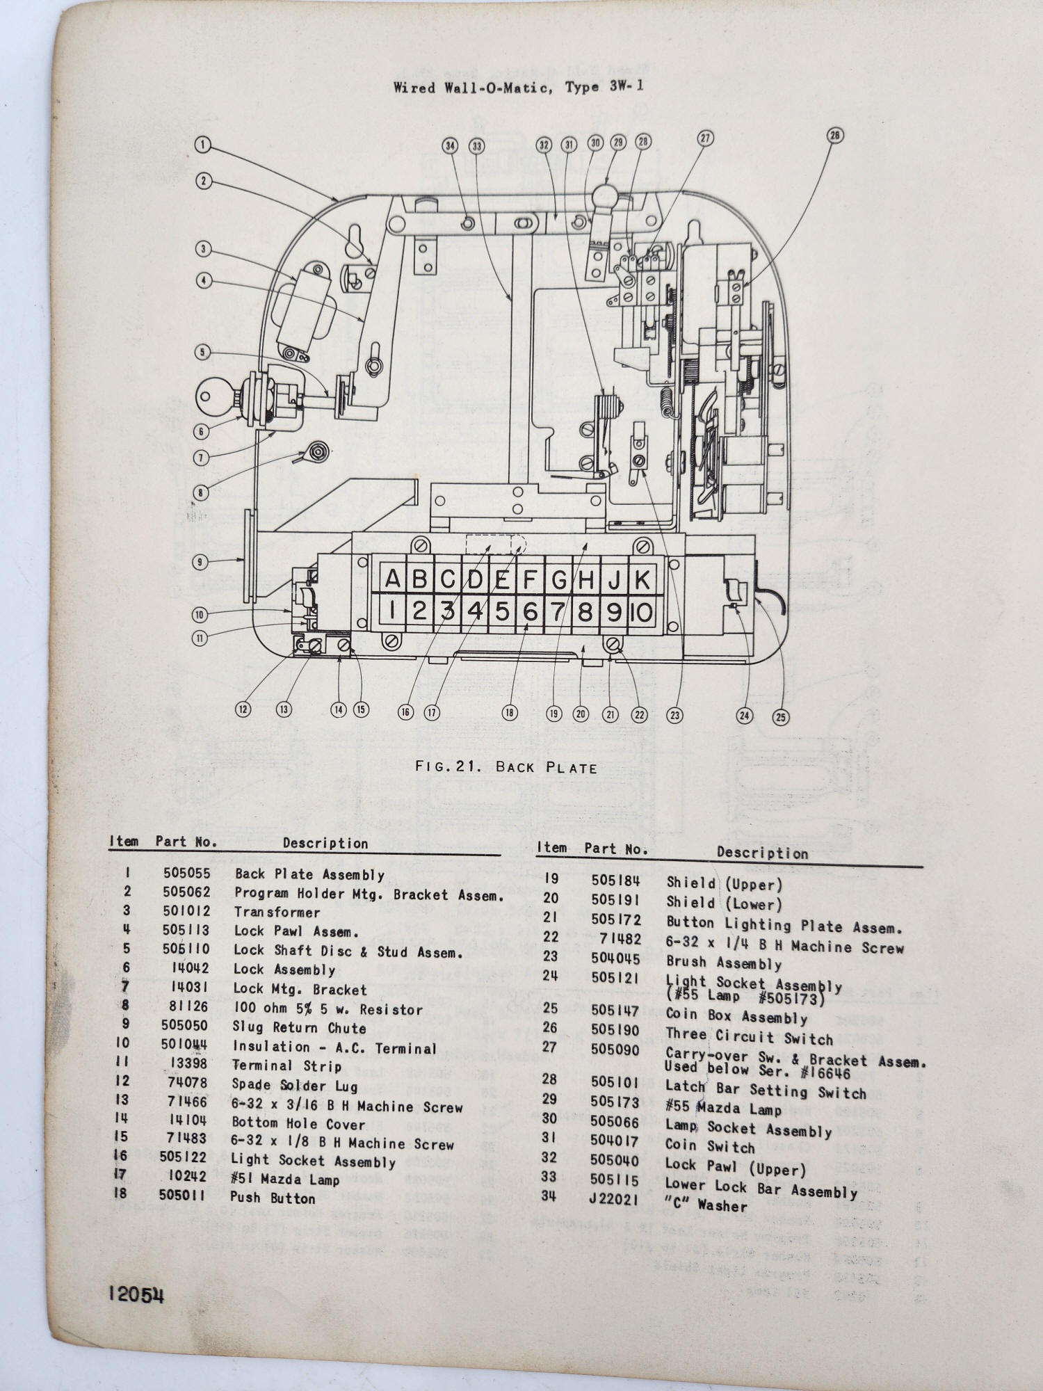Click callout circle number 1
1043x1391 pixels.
(x=202, y=145)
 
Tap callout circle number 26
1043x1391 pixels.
(x=835, y=135)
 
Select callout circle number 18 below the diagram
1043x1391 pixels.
(x=510, y=712)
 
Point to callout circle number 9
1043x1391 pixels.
(x=200, y=561)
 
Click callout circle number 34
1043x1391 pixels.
(x=451, y=145)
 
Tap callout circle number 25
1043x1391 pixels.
(x=781, y=716)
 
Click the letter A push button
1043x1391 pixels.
(x=393, y=579)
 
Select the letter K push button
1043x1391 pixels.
(x=642, y=579)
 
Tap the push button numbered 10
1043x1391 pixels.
(x=642, y=612)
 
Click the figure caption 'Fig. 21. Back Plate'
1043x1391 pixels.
(x=506, y=767)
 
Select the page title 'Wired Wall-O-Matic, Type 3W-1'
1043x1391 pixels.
(x=518, y=88)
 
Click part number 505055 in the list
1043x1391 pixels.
(x=186, y=874)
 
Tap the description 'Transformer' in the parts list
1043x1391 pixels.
(x=277, y=912)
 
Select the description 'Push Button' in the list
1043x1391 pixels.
(x=273, y=1198)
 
